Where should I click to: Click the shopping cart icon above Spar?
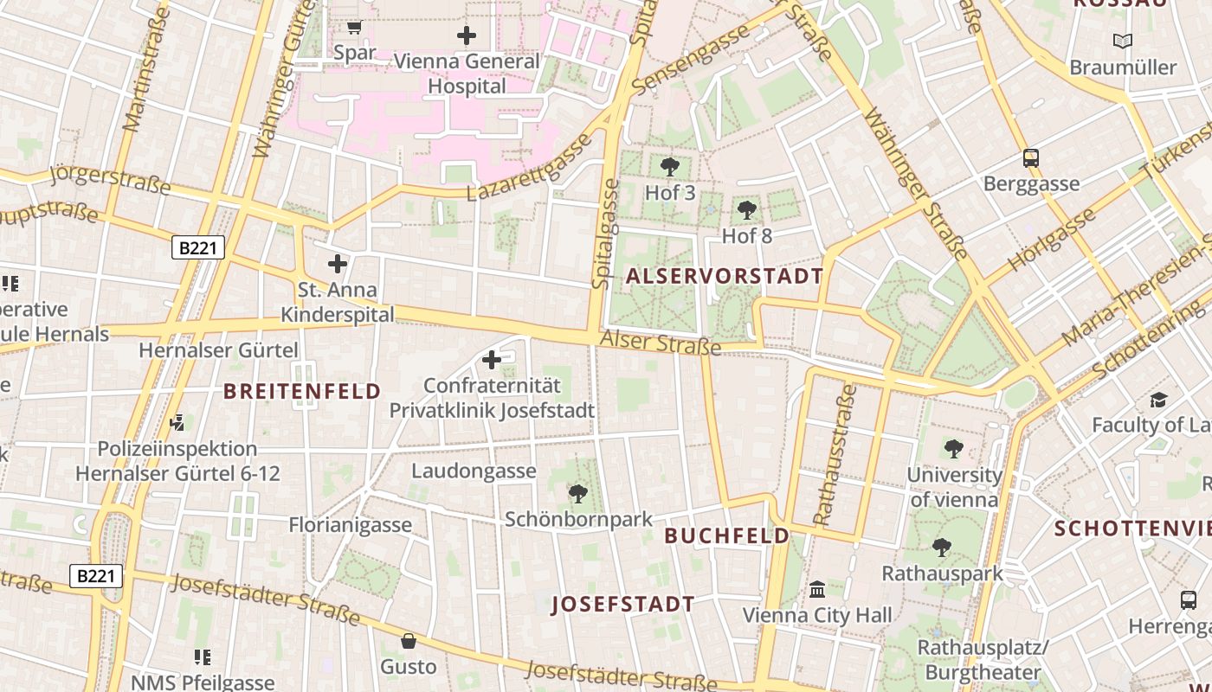click(x=354, y=28)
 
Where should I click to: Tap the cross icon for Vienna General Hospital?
click(x=467, y=35)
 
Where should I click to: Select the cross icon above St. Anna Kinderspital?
click(x=338, y=264)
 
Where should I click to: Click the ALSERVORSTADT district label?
click(x=724, y=277)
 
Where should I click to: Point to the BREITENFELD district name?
click(x=302, y=391)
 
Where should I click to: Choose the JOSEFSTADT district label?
click(x=623, y=604)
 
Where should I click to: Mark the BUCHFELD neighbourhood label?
click(x=727, y=535)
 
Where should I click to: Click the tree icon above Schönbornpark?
click(x=577, y=494)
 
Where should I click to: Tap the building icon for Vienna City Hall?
click(x=816, y=590)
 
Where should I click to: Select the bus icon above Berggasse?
click(x=1030, y=158)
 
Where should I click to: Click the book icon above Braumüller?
click(x=1122, y=41)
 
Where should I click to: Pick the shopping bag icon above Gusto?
click(x=408, y=641)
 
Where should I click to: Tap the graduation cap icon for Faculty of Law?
click(x=1158, y=400)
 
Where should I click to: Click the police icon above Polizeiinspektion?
click(x=177, y=423)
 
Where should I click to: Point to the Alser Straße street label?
click(x=660, y=343)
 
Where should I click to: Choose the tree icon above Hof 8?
click(x=746, y=209)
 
